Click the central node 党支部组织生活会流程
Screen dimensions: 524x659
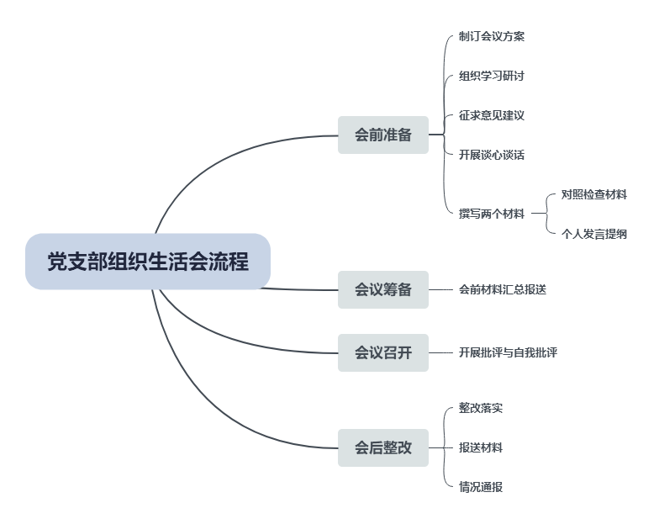(x=148, y=262)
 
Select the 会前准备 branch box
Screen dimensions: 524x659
(x=382, y=135)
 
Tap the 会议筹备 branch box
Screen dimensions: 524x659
(x=382, y=289)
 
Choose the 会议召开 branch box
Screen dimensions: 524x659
(x=382, y=352)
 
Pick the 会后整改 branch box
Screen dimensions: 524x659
(x=382, y=447)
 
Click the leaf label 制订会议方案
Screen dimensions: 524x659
(x=492, y=36)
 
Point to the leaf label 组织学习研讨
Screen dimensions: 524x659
(x=492, y=76)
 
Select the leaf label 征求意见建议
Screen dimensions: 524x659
(x=492, y=115)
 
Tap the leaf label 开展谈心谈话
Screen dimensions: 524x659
(x=492, y=155)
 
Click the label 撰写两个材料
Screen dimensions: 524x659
(x=492, y=214)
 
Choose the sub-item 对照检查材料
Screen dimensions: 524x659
(x=594, y=194)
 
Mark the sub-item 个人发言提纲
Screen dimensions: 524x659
(x=594, y=234)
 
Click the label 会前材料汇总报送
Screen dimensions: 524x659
(x=503, y=289)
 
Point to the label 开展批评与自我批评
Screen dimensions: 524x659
(x=508, y=352)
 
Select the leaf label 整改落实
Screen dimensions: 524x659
(x=481, y=408)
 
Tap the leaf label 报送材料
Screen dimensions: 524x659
(x=481, y=447)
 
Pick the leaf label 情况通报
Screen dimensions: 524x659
(x=481, y=487)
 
